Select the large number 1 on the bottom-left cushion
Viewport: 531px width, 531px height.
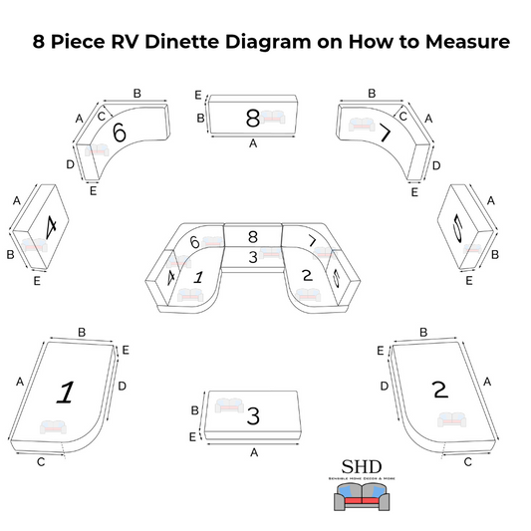[x=66, y=392]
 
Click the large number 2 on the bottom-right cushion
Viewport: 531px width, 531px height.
[x=439, y=388]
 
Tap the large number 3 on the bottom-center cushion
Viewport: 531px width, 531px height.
[x=253, y=415]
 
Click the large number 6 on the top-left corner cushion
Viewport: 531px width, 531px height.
[x=120, y=132]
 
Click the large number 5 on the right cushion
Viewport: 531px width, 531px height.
[x=458, y=229]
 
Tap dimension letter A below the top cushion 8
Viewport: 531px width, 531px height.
[x=253, y=143]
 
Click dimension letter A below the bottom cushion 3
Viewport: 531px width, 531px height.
[x=253, y=451]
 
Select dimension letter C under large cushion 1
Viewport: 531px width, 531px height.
[x=40, y=462]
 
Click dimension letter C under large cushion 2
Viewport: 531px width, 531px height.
[x=468, y=461]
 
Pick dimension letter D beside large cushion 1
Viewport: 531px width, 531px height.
[x=122, y=385]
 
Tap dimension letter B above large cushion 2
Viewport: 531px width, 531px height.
[x=423, y=332]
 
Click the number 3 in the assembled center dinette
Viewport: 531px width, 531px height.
[x=253, y=257]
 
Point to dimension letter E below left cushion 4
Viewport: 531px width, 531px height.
[x=37, y=282]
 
